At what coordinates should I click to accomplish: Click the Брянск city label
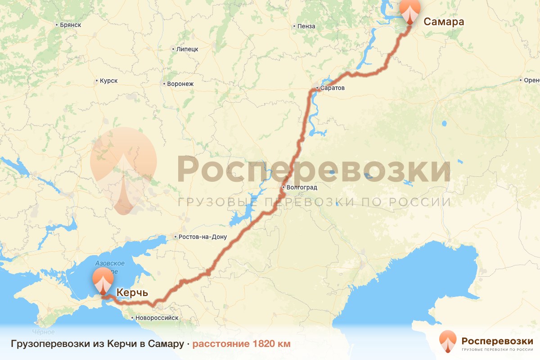pos(70,25)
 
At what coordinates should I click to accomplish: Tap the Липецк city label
pos(187,49)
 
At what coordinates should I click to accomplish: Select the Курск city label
pos(108,81)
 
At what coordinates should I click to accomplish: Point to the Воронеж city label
pos(180,84)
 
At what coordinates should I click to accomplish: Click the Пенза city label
pos(306,27)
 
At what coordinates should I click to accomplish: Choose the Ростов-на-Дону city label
pos(202,237)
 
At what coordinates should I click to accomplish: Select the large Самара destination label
pos(444,21)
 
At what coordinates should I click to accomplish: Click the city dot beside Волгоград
pos(283,187)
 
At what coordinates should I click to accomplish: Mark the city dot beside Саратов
pos(317,88)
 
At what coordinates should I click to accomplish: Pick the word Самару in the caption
pos(165,344)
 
